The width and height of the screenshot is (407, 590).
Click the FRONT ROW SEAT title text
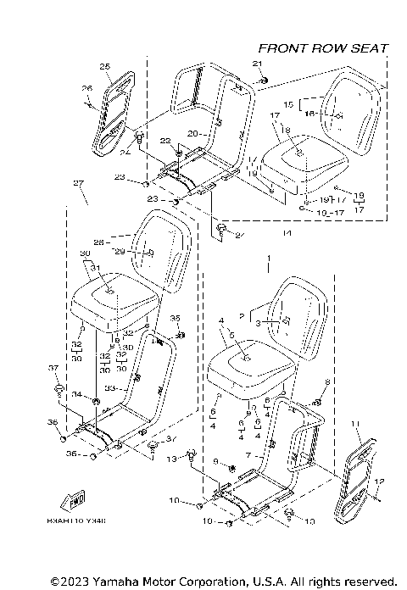322,48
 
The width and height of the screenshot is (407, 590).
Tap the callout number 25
104,66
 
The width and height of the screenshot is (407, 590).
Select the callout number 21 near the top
259,65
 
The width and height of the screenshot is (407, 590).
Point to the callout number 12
379,481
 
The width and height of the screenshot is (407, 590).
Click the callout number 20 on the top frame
192,133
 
